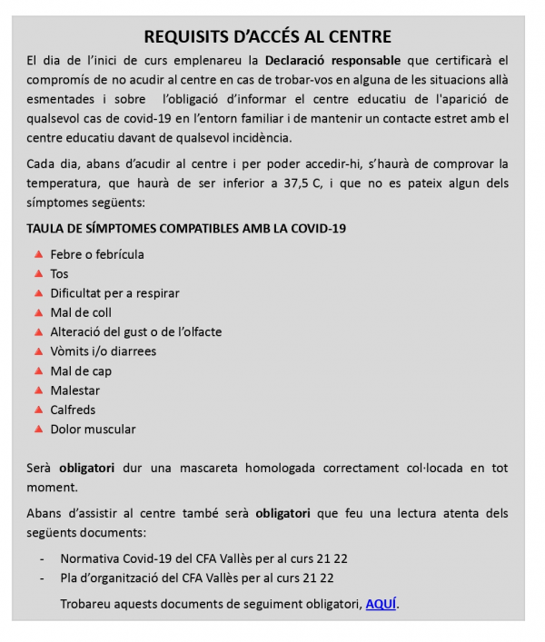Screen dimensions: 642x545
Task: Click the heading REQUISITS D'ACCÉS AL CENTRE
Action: (x=268, y=37)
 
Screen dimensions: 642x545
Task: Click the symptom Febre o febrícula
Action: (x=96, y=254)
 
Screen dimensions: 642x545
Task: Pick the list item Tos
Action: (x=59, y=273)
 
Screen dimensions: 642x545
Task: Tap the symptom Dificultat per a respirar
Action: (x=114, y=293)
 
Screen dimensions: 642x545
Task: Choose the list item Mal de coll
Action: (x=81, y=312)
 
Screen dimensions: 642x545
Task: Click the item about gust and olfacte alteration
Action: (x=135, y=331)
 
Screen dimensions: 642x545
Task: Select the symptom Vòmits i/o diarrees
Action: (x=103, y=351)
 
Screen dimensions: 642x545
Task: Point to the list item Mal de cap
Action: (x=81, y=370)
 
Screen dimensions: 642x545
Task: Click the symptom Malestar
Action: (x=74, y=390)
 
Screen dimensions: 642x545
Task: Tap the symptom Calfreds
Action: (x=73, y=410)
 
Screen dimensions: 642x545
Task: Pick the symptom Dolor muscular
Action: (x=93, y=430)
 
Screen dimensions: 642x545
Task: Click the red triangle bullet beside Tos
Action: (x=38, y=272)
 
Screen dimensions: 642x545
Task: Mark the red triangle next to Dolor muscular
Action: (x=38, y=429)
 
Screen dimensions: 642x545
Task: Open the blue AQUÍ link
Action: (x=381, y=604)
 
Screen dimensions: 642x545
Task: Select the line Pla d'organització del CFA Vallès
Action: (x=196, y=578)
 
